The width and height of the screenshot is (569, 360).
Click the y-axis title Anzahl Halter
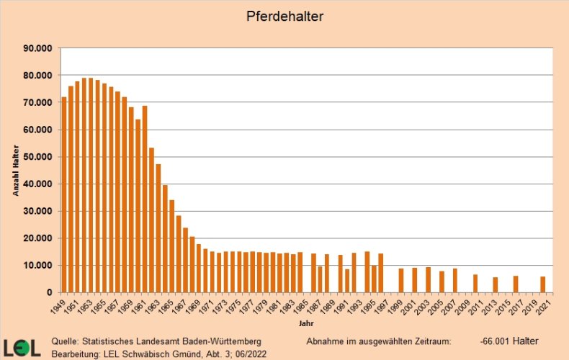click(15, 170)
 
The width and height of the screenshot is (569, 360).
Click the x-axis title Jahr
click(306, 323)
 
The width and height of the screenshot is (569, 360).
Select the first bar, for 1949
click(64, 194)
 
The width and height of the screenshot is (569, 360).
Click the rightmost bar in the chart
click(542, 284)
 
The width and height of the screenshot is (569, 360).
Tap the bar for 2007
click(454, 280)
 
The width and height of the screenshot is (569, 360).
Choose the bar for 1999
click(401, 280)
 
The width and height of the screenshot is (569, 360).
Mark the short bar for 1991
click(347, 281)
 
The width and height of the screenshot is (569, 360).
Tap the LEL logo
click(22, 348)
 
